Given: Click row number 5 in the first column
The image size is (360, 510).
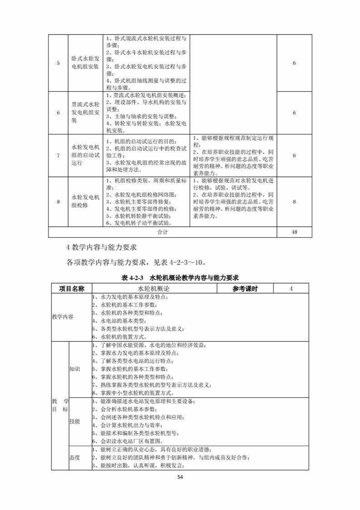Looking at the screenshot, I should click(58, 63).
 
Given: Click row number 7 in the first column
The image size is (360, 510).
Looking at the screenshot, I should click(58, 155).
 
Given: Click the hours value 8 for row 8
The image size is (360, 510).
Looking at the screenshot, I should click(295, 201).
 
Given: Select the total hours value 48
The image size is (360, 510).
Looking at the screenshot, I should click(295, 232).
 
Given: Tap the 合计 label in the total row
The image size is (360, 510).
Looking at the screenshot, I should click(162, 232).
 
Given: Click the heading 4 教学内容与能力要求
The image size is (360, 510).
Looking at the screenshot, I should click(101, 248).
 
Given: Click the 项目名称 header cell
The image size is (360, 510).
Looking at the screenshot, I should click(72, 289).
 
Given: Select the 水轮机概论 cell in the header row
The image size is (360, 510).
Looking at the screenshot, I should click(154, 289).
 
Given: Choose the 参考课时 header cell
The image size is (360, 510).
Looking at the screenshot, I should click(245, 289).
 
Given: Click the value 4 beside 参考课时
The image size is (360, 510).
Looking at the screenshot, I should click(291, 289).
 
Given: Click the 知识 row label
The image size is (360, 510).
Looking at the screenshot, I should click(75, 369).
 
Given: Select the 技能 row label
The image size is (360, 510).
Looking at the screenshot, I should click(75, 421).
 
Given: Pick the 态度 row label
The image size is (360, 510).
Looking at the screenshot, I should click(75, 457).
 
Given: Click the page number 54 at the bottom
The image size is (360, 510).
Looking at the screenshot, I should click(180, 477).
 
